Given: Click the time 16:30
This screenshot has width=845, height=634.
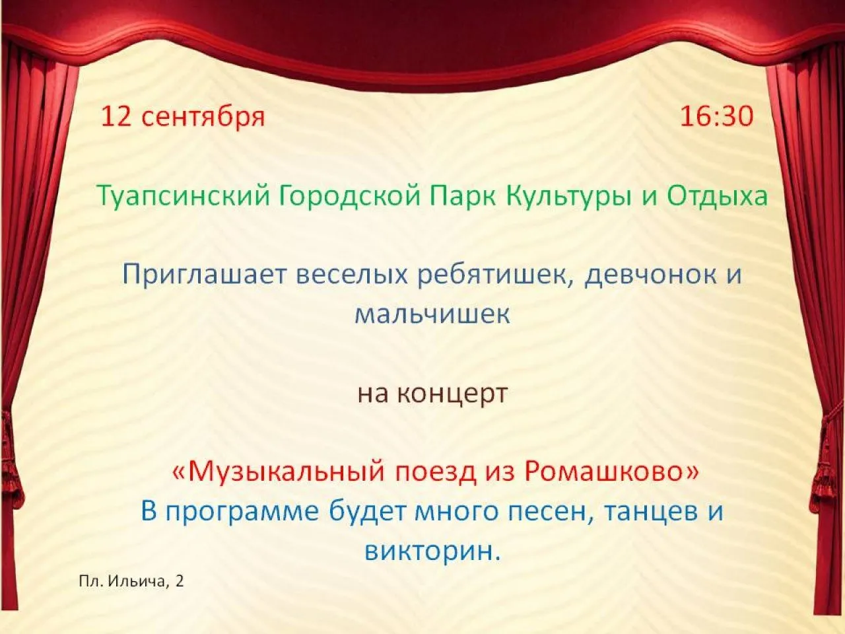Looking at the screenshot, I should (716, 117).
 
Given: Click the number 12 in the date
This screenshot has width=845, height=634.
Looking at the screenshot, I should (116, 117).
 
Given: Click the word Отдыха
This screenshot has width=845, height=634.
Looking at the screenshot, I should (717, 197).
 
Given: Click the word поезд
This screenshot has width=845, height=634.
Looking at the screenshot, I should (430, 473).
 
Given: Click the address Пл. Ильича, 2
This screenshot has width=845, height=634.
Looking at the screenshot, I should (131, 582).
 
